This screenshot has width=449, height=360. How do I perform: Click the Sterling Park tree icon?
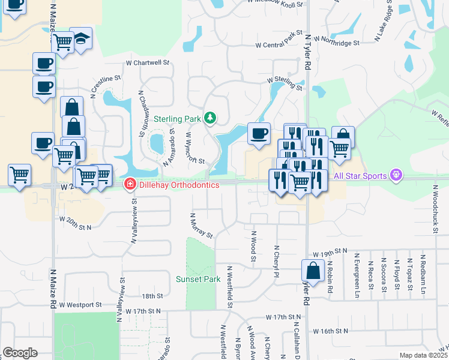pos(210,117)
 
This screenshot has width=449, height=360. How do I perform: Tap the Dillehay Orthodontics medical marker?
pos(128,185)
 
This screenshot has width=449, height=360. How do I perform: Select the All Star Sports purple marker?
pos(396,175)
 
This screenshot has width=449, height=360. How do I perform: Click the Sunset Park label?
pos(198,279)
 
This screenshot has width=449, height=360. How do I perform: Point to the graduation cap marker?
pos(80,38)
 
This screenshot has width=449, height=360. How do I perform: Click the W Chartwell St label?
pos(148,62)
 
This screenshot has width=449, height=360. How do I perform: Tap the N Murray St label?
pos(200,225)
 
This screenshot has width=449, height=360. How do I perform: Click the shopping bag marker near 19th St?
pos(313,270)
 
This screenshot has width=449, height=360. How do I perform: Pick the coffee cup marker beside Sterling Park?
pos(259,134)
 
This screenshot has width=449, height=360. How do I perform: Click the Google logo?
pos(19,353)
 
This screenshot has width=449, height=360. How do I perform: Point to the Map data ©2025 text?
pos(423,355)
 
